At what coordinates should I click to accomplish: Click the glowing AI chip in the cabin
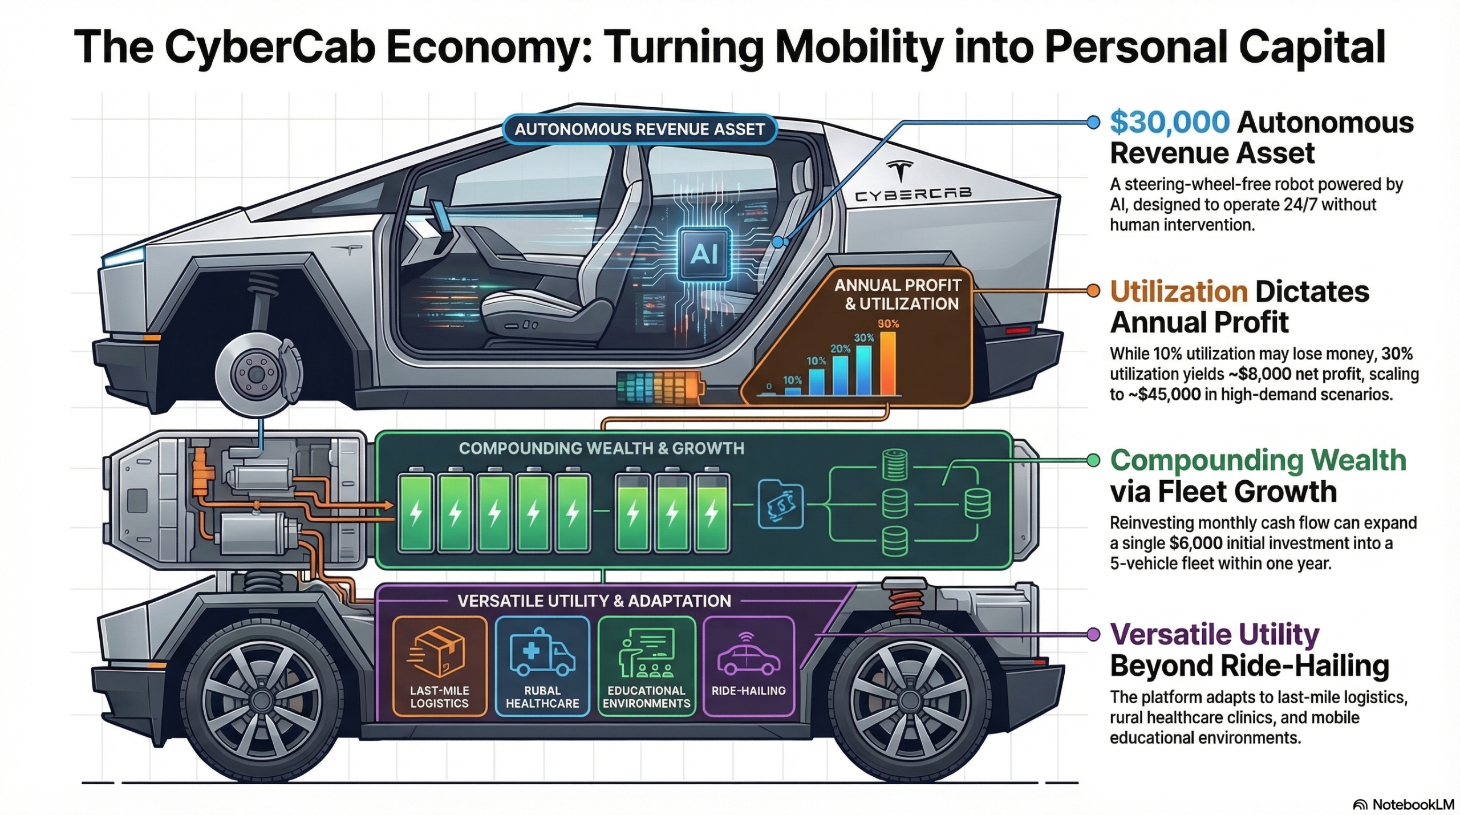click(703, 254)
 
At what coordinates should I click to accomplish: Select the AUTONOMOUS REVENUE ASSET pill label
click(639, 129)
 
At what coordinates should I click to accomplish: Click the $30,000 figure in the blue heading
click(1169, 123)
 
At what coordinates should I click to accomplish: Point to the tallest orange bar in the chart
click(888, 363)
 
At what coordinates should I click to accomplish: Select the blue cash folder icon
click(780, 505)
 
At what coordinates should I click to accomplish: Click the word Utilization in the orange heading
click(1178, 292)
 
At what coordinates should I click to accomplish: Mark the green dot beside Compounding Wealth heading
click(1093, 461)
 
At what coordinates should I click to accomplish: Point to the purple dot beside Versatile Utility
click(1093, 634)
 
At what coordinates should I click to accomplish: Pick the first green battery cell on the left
click(415, 512)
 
